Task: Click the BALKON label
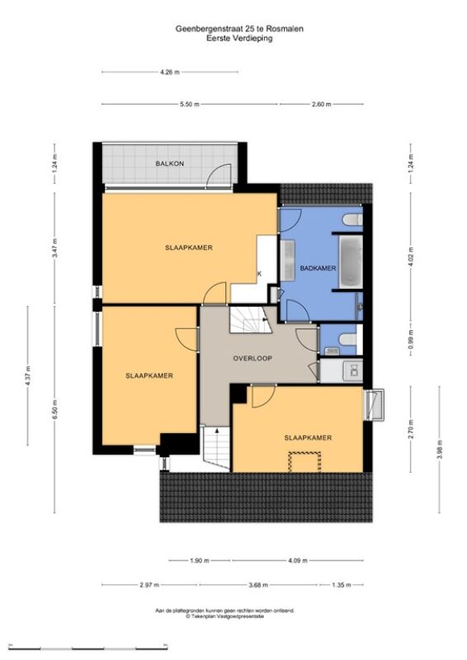pos(170,163)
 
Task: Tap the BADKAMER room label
pos(318,268)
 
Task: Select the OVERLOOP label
pos(252,358)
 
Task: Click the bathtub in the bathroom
pos(351,262)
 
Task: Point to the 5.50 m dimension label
pos(190,104)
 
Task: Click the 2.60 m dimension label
pos(321,104)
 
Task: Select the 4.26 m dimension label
pos(170,72)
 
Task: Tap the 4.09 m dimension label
pos(298,560)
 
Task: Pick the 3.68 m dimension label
pos(258,585)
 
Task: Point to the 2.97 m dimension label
pos(149,585)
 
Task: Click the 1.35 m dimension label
pos(342,585)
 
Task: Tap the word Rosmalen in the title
pos(288,29)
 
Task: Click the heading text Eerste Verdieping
pos(239,38)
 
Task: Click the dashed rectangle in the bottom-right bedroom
pos(304,462)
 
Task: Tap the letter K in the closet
pos(259,274)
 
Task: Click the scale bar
pos(88,647)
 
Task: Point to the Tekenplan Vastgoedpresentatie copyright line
pos(225,615)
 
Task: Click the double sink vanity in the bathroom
pos(288,260)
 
